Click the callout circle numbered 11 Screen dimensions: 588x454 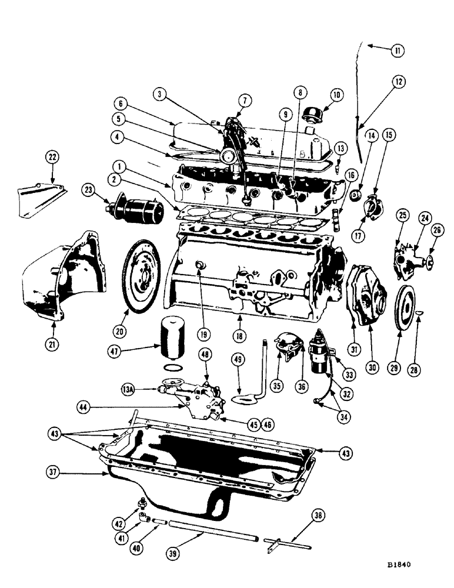click(x=398, y=52)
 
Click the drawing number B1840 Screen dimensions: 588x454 click(x=398, y=563)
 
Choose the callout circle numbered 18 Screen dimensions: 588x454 click(x=241, y=331)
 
